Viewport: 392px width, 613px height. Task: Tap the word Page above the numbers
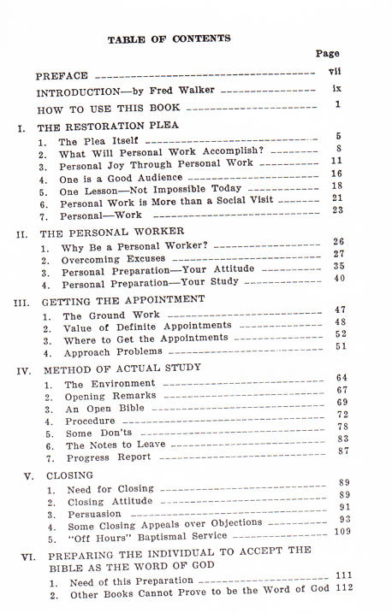327,54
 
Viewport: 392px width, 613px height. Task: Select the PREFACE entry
64,75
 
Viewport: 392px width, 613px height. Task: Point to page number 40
339,278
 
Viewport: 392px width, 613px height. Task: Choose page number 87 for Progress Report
342,451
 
